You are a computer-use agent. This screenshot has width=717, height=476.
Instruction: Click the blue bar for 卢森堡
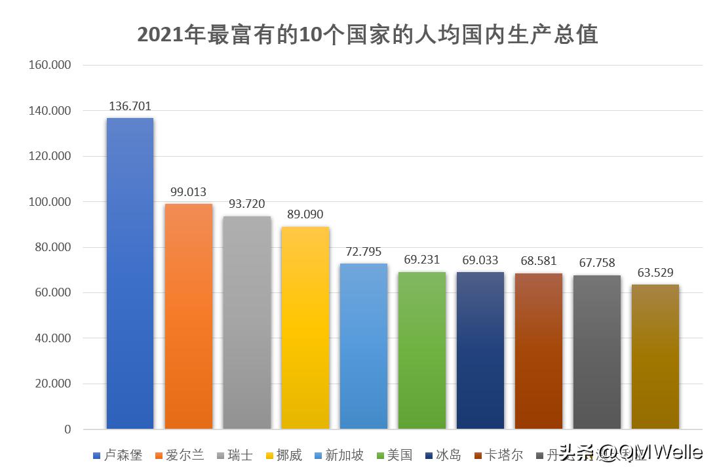(130, 273)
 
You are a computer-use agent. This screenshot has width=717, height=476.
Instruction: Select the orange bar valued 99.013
(188, 316)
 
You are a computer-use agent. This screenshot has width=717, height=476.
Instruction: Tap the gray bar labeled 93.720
(246, 323)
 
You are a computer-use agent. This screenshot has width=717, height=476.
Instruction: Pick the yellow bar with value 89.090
(305, 328)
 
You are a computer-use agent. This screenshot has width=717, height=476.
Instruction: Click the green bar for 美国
(421, 350)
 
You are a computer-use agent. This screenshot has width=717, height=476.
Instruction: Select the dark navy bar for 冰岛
(480, 350)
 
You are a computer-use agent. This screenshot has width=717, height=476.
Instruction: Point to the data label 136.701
(130, 106)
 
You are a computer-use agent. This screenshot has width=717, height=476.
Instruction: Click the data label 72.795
(363, 252)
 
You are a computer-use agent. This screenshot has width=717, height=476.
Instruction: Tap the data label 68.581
(538, 261)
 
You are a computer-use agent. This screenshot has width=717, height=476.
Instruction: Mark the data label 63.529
(655, 273)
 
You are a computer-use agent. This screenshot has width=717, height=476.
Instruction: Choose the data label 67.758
(596, 263)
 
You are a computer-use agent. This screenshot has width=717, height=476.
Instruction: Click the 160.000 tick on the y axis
(50, 66)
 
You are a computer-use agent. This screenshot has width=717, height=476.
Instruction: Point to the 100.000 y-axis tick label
(50, 202)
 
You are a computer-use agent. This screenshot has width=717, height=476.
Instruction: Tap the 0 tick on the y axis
(68, 429)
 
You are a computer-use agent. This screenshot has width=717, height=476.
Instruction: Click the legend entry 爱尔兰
(184, 455)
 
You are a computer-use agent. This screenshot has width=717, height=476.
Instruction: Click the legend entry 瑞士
(240, 455)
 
